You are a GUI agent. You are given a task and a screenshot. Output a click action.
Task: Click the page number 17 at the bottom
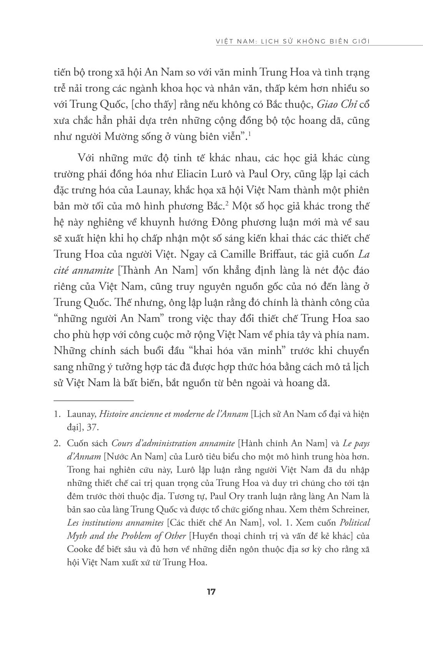click(211, 592)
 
